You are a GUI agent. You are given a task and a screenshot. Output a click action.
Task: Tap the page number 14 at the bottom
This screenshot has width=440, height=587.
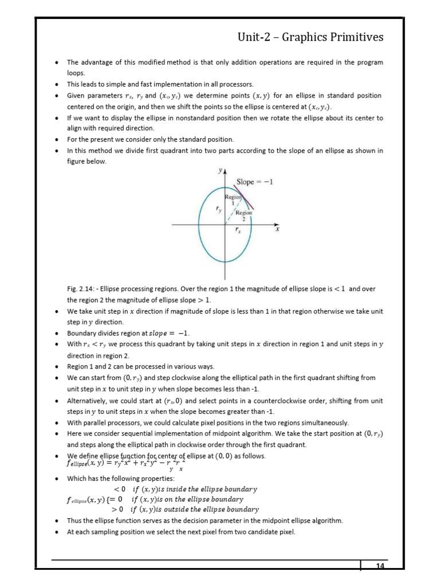coord(379,567)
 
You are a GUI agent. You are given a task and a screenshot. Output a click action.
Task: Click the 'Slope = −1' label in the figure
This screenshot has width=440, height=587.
coord(255,182)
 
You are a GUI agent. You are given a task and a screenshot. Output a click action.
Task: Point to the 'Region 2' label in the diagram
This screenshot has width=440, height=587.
coord(245,215)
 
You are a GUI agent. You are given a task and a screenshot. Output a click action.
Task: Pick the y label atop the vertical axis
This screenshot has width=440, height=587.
coord(220,171)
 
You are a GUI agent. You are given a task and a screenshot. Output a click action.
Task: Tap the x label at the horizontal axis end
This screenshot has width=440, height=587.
coord(277,229)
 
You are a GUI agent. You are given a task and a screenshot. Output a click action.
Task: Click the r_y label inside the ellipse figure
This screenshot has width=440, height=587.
coord(218,210)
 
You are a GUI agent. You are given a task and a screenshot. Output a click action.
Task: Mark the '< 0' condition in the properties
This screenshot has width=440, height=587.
coord(119,489)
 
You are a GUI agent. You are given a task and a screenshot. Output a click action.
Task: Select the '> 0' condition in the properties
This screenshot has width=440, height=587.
coord(118,509)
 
